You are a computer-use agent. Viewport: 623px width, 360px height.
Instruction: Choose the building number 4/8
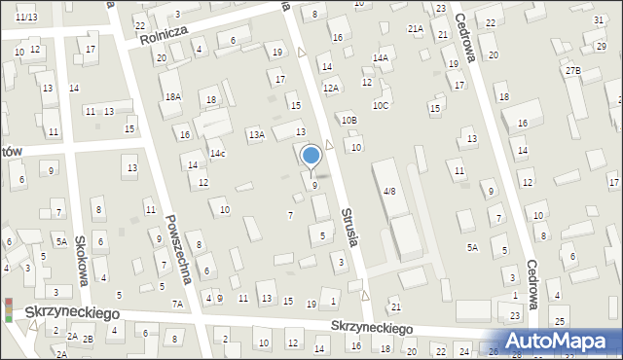point(389,191)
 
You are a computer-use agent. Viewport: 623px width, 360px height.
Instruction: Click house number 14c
point(218,154)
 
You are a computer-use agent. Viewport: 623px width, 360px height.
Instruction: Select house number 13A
point(256,135)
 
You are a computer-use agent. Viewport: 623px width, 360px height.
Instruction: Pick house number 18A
point(173,96)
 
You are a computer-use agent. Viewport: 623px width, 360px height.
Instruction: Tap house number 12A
point(331,89)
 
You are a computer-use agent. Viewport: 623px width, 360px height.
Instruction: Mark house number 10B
point(348,119)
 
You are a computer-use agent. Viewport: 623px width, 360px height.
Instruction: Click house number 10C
point(380,105)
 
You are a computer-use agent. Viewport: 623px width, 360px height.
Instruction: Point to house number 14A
point(380,58)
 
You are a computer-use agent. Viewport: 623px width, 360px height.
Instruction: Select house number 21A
point(416,29)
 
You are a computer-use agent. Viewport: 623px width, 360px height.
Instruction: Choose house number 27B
point(572,70)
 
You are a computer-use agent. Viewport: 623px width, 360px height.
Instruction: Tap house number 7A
point(178,304)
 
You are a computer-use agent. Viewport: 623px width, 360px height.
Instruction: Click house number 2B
point(88,338)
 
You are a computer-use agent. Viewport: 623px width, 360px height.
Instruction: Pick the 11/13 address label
point(26,18)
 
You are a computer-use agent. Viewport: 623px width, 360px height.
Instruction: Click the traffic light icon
point(9,309)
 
